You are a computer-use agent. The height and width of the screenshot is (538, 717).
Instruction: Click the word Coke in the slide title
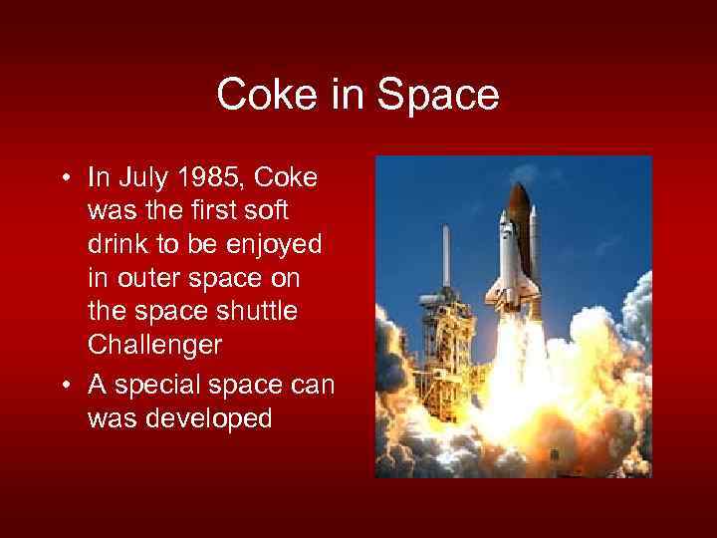[262, 96]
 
